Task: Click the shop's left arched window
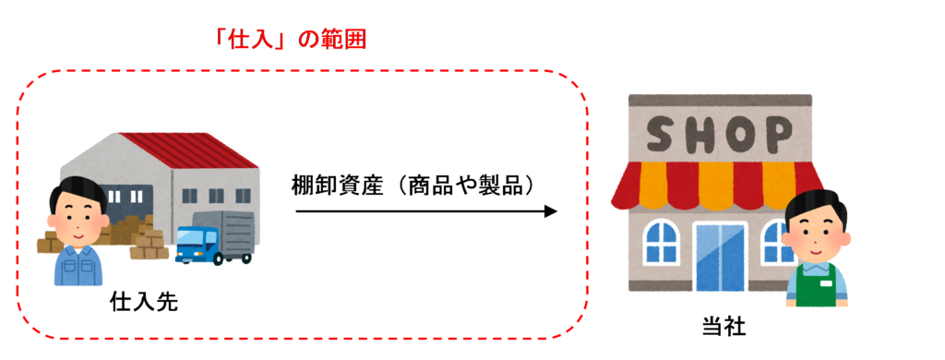pos(663,242)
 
